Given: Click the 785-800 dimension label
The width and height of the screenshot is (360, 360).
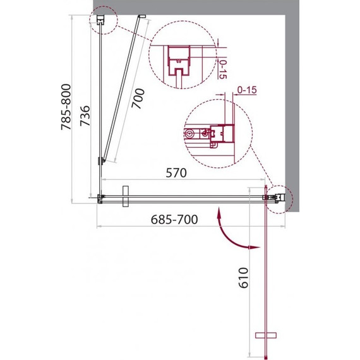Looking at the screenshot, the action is [x=66, y=107].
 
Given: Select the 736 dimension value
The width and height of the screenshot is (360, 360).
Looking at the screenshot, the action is [x=85, y=116].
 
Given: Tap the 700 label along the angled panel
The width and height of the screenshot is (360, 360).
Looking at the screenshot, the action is [x=138, y=99].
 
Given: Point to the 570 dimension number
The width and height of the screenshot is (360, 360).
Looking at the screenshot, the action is [x=176, y=173].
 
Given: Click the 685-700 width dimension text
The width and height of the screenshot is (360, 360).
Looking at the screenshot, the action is [x=174, y=220].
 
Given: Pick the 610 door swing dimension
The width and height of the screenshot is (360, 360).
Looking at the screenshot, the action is [x=244, y=277].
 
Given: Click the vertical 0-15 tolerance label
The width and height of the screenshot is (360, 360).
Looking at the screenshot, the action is [x=222, y=69].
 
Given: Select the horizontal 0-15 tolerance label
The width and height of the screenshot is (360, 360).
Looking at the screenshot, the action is [x=247, y=90].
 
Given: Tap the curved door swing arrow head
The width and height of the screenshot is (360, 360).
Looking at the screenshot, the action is [x=255, y=248].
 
